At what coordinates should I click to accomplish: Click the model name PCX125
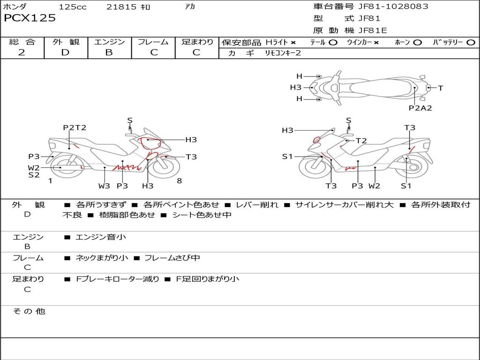30,18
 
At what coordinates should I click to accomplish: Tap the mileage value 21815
121,7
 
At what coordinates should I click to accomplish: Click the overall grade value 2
22,52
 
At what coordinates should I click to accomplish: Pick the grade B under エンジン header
109,52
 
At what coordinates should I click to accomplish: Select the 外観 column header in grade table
66,42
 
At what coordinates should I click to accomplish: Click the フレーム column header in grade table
154,42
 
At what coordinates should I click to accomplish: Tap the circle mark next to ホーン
418,43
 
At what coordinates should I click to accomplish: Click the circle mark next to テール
333,43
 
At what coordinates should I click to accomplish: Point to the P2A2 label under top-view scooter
420,108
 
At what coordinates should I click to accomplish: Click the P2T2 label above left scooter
75,127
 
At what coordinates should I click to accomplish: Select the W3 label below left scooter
104,186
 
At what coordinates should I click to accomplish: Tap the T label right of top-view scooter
441,88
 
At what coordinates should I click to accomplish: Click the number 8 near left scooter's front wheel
179,180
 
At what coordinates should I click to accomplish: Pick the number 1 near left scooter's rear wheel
50,180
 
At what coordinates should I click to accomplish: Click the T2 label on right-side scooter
361,141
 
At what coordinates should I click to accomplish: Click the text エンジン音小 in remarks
101,237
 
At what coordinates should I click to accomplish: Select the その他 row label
29,311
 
